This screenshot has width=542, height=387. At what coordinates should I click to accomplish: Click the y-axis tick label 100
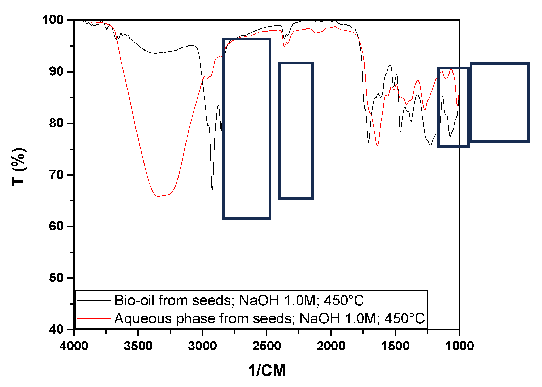(53, 20)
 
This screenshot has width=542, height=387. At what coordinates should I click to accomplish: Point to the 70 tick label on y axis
(56, 175)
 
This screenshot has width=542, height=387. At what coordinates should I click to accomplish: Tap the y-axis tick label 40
(56, 329)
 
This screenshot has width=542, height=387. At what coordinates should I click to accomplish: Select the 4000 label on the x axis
(74, 346)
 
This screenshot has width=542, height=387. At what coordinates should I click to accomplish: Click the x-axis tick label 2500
(266, 346)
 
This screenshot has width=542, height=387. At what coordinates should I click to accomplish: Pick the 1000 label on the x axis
(459, 346)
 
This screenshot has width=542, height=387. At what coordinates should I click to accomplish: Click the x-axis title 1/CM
(267, 371)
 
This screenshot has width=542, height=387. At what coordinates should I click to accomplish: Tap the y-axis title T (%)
(19, 167)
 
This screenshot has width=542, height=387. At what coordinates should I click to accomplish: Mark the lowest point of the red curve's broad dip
(159, 196)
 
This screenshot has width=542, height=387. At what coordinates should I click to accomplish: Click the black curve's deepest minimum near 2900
(212, 189)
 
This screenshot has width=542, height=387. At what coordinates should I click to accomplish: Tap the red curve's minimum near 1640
(377, 145)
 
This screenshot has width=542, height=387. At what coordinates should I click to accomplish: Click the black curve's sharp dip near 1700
(369, 142)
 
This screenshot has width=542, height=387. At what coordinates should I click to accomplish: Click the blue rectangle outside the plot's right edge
(499, 103)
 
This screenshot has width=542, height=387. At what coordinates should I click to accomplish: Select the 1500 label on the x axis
(395, 346)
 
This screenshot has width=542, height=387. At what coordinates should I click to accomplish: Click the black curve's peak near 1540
(390, 65)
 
